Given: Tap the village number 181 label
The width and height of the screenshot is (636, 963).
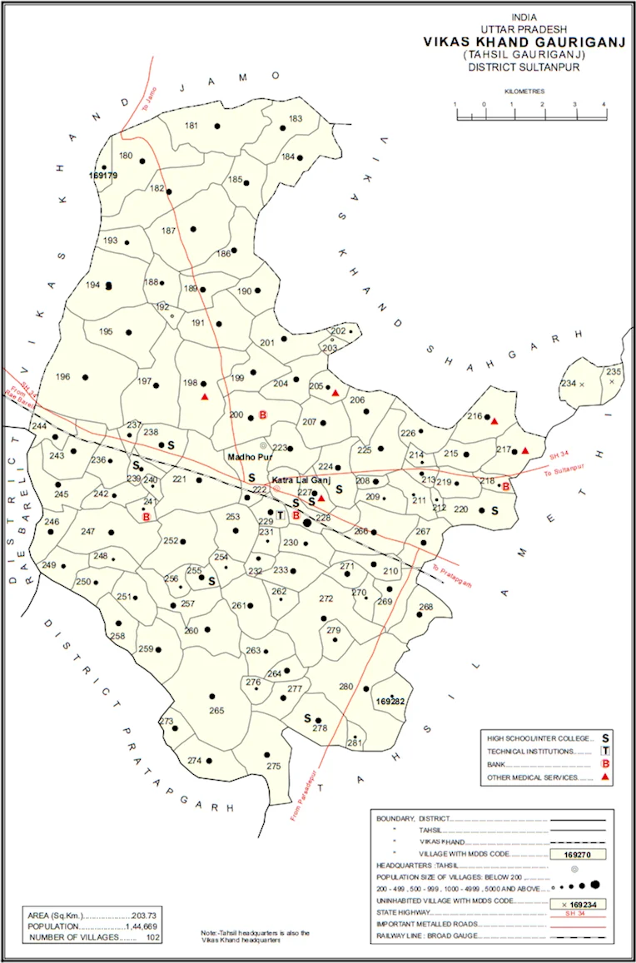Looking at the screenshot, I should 191,126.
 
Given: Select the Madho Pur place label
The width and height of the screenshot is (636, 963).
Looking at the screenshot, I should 244,456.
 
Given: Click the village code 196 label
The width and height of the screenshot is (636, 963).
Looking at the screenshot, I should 62,377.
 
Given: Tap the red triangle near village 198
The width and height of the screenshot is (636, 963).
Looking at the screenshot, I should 204,397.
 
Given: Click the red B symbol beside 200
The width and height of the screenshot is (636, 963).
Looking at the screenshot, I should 262,415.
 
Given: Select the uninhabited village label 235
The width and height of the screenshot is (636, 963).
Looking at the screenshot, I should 614,371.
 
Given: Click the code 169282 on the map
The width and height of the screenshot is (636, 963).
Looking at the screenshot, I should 390,702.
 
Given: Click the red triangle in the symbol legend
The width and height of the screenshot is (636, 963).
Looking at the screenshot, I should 605,777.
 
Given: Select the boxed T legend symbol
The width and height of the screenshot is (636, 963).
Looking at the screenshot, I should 605,751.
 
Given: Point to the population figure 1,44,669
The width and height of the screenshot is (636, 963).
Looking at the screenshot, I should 134,926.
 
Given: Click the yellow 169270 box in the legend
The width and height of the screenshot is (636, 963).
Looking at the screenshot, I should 577,854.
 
